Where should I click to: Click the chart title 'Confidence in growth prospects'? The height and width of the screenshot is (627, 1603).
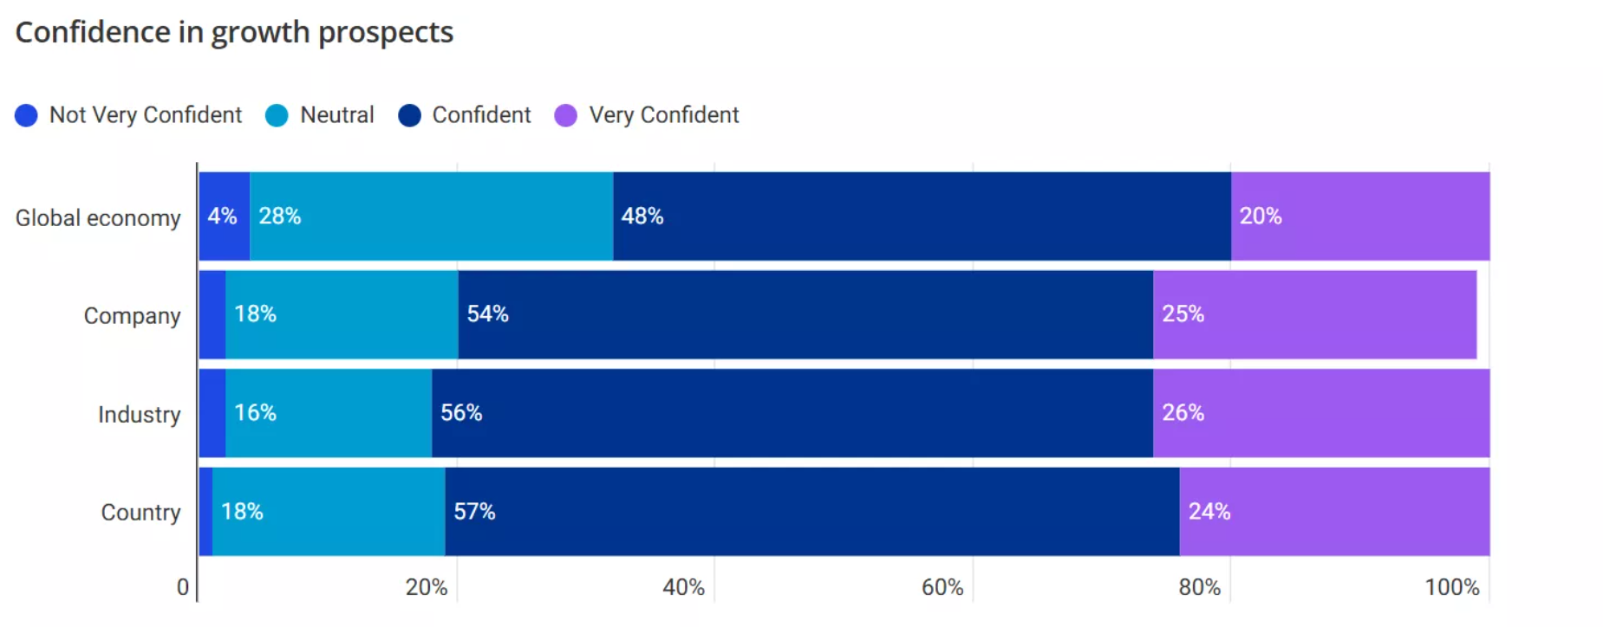pos(234,32)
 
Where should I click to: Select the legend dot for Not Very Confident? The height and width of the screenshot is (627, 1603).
pos(26,115)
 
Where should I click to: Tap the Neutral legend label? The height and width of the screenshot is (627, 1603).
pos(336,115)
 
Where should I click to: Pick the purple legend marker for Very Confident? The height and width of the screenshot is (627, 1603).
pos(565,115)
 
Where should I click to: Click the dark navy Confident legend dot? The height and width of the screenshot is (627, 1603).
pos(409,115)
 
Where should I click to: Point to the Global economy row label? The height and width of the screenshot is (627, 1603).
pos(98,217)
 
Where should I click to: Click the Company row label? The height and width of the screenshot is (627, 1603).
pos(132,315)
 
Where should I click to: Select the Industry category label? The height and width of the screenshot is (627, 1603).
pos(139,414)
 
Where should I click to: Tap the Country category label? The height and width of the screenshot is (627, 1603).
pos(140,512)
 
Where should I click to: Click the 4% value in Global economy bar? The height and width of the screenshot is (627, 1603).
pos(222,216)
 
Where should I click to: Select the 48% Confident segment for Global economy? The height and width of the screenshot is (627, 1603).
pos(921,216)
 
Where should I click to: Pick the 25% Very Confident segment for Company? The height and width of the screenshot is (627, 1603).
pos(1313,313)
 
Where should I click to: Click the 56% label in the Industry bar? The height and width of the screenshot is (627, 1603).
pos(461,412)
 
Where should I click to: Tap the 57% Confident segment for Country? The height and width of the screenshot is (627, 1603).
pos(811,511)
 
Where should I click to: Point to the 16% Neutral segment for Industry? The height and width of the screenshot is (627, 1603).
pos(328,412)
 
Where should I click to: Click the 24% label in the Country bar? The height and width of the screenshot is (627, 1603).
pos(1209,511)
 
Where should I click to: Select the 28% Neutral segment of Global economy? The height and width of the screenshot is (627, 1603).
pos(431,216)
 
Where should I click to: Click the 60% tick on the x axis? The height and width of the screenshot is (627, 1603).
pos(942,587)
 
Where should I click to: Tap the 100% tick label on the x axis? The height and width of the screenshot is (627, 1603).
pos(1451,587)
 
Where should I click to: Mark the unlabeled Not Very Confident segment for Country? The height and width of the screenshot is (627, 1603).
pos(205,511)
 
